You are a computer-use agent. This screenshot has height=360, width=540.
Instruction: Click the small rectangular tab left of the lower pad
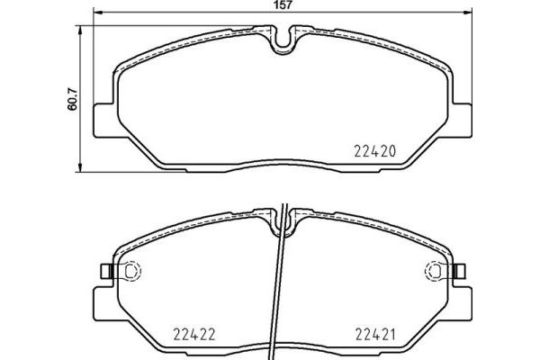[104, 270]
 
